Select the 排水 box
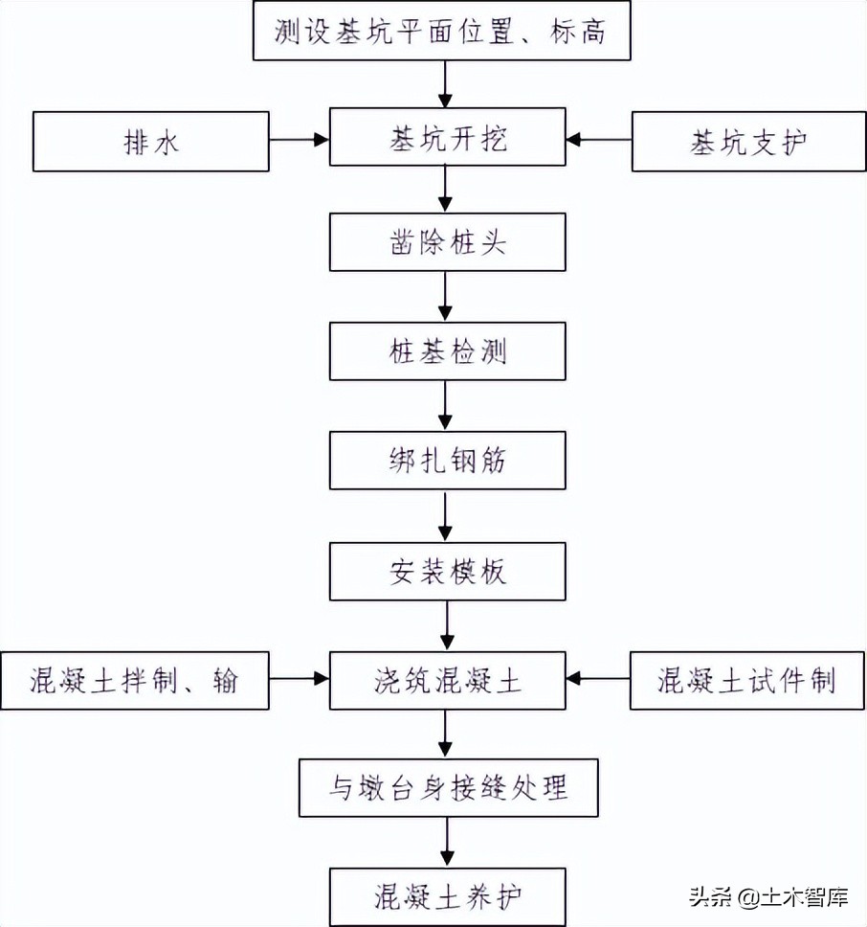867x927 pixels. pos(151,142)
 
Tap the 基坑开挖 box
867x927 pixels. pos(446,140)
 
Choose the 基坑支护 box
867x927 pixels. pos(748,143)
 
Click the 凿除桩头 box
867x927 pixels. pos(446,241)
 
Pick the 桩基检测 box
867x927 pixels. pos(446,350)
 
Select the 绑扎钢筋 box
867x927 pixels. pos(446,461)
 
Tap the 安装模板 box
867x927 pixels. pos(446,572)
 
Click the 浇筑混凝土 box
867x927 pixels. pos(446,681)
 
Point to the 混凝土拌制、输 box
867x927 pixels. pos(135,681)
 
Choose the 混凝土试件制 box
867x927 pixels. pos(746,681)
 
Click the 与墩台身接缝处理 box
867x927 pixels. pos(446,788)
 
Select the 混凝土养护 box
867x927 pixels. pos(446,896)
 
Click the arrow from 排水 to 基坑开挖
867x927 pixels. pos(299,140)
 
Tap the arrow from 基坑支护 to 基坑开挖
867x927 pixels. pos(598,140)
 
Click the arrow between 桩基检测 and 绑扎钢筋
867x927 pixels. pos(445,405)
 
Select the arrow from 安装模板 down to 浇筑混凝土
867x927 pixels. pos(445,626)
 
